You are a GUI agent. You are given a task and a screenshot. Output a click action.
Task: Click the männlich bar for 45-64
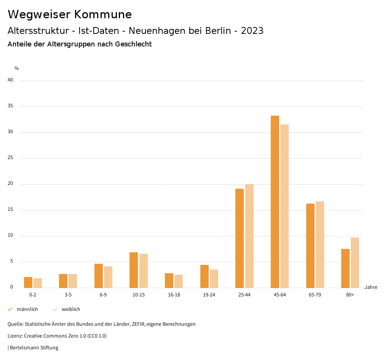tap(275, 202)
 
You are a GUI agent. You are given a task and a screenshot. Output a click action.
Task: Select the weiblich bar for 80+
tap(355, 263)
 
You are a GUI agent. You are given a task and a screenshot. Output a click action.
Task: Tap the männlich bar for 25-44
tap(240, 238)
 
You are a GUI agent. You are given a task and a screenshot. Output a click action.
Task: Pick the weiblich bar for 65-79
tap(320, 244)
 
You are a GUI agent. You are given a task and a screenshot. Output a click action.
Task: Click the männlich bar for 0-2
tap(28, 282)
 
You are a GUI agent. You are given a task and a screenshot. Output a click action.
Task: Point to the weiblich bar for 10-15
tap(144, 271)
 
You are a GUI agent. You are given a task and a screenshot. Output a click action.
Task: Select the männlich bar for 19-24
tap(205, 276)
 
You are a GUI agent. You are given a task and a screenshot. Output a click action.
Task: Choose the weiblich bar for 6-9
tap(108, 277)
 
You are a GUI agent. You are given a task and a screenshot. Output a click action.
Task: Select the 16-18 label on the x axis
tap(174, 295)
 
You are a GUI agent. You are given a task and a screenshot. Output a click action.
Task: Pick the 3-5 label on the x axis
tap(68, 295)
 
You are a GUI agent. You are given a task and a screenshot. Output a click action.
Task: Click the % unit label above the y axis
tap(17, 68)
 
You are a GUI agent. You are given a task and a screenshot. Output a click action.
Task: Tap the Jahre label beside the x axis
tap(371, 287)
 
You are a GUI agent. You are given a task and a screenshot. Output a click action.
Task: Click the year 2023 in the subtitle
tap(252, 31)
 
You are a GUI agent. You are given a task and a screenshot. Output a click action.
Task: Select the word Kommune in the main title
tap(103, 14)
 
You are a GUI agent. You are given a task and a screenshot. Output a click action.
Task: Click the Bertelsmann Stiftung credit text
tap(34, 348)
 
